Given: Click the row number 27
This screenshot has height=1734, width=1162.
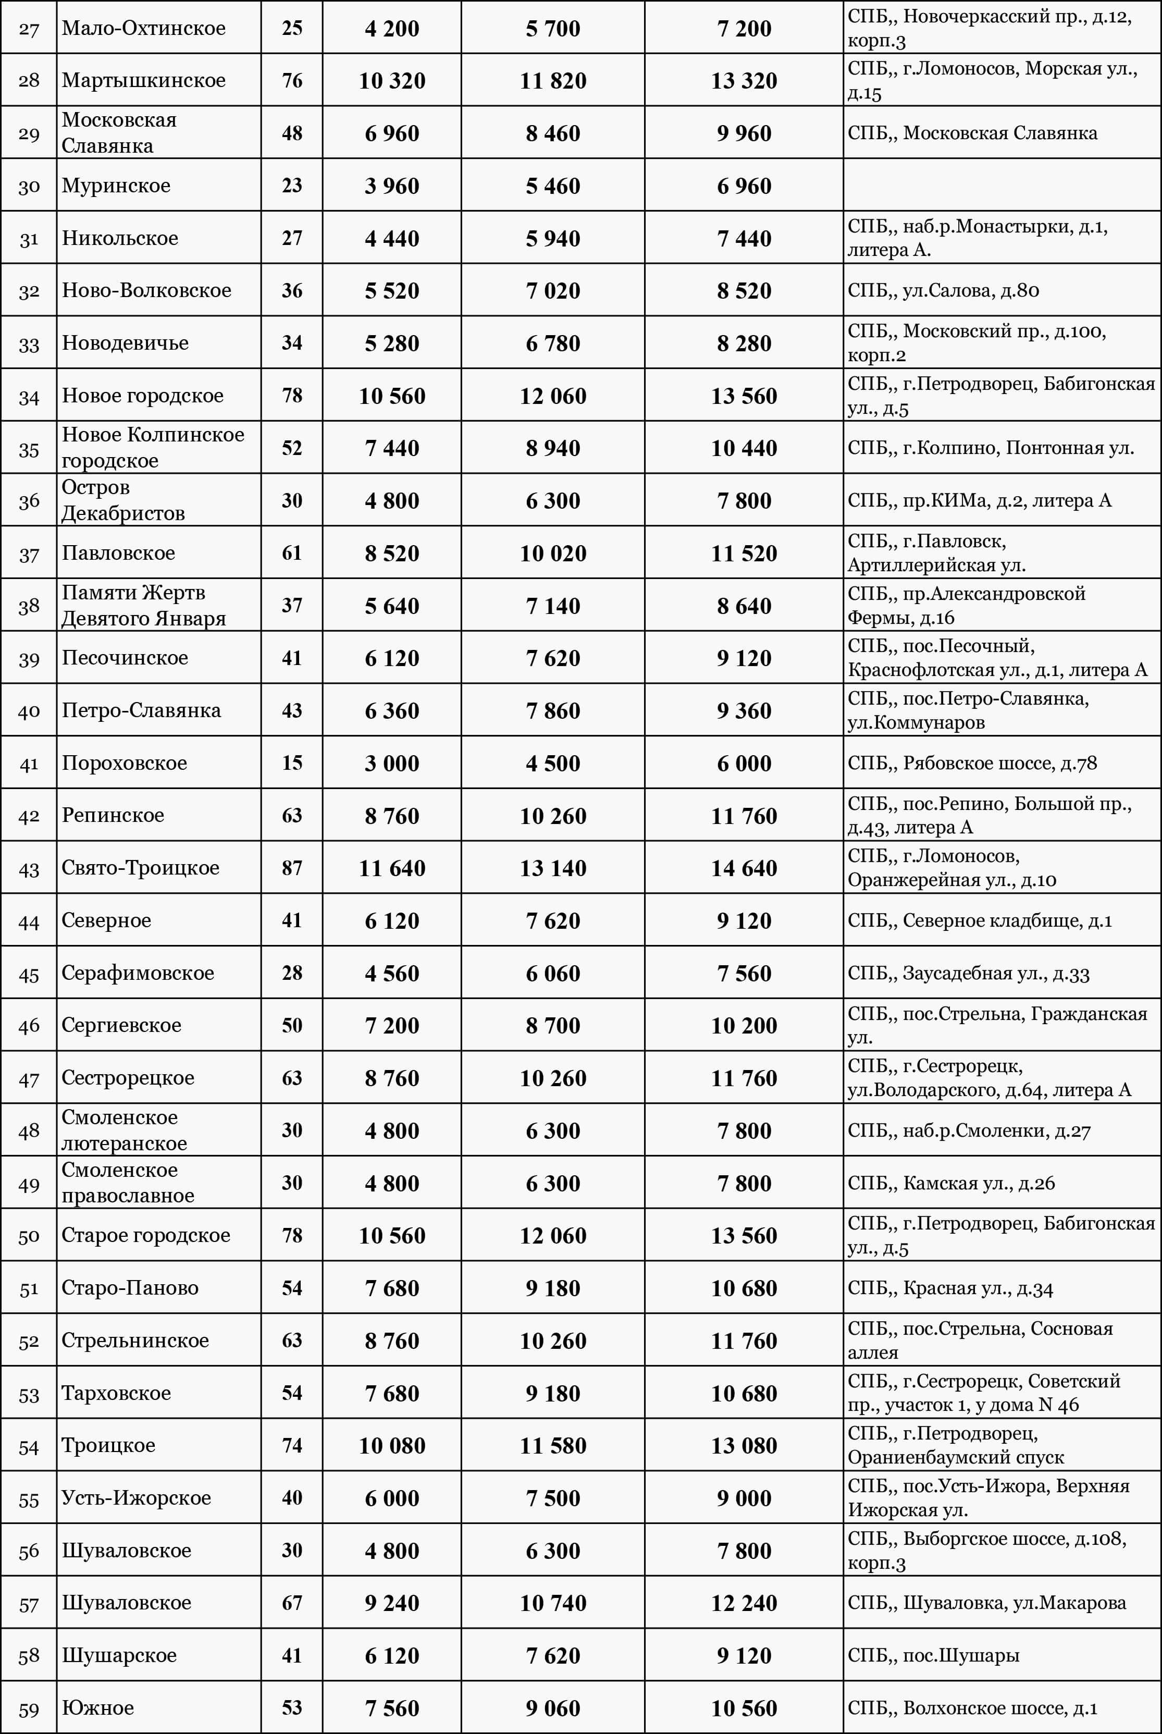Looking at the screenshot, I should coord(29,29).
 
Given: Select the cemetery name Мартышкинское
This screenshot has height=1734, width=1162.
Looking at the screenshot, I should coord(143,80).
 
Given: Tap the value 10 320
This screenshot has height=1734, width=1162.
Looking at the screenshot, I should coord(391,80).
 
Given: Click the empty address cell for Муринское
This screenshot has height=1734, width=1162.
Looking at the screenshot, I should coord(1001,185).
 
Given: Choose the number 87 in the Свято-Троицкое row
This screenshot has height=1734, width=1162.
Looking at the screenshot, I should coord(292,868).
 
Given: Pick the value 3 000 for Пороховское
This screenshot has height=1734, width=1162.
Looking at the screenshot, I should coord(391,763).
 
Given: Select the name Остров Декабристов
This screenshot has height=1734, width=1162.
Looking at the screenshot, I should coord(122,500).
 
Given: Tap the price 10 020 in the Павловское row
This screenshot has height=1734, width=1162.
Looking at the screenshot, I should coord(552,554).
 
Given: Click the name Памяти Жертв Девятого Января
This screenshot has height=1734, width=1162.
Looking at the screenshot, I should coord(143,606).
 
